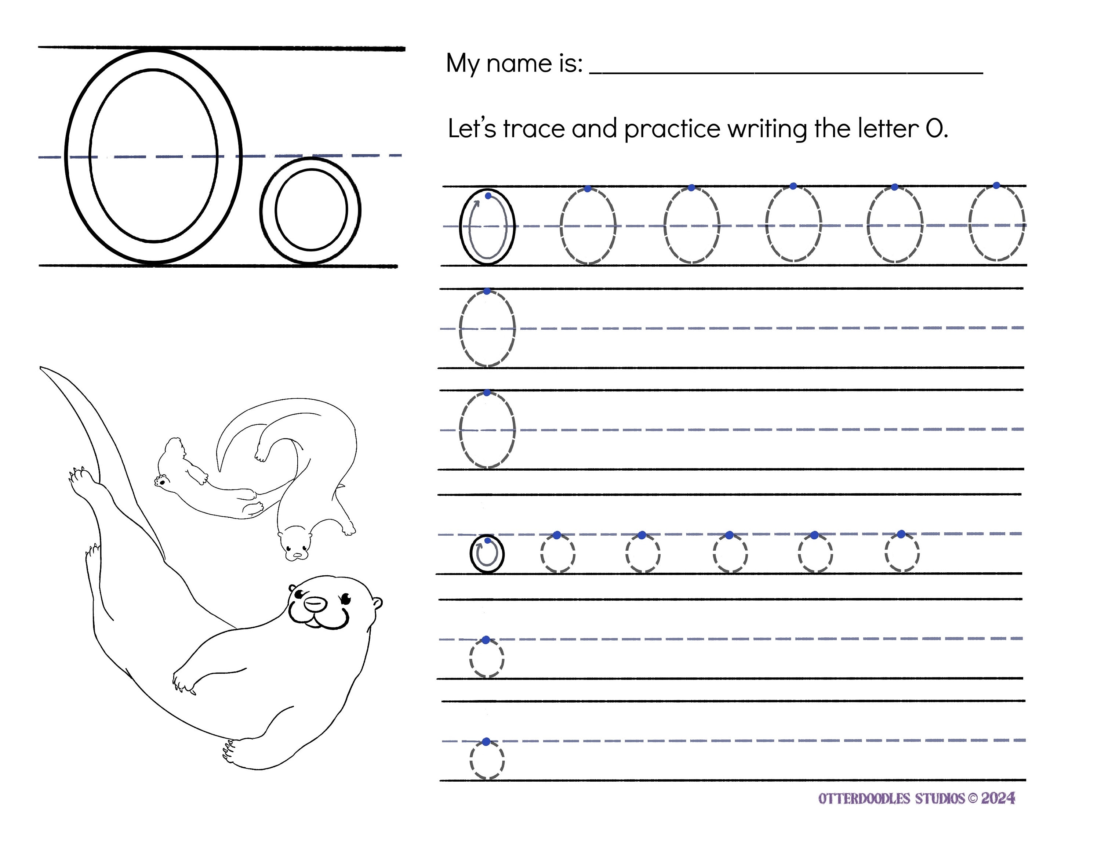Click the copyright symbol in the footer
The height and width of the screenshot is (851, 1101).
pyautogui.click(x=973, y=799)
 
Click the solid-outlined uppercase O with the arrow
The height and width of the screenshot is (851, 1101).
pyautogui.click(x=487, y=227)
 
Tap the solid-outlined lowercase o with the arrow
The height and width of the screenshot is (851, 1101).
pyautogui.click(x=487, y=554)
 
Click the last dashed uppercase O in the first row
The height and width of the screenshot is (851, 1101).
pyautogui.click(x=997, y=223)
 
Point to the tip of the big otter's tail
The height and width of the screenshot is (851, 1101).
pyautogui.click(x=42, y=369)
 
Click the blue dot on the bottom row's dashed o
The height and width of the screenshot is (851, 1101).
pyautogui.click(x=486, y=742)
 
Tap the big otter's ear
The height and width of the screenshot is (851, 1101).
pyautogui.click(x=377, y=603)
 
